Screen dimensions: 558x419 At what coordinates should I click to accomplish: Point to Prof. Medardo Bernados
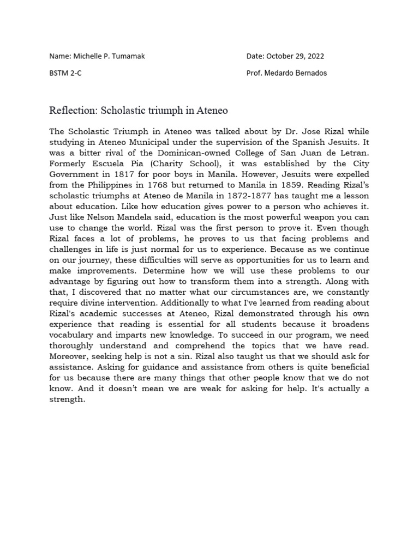[286, 73]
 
